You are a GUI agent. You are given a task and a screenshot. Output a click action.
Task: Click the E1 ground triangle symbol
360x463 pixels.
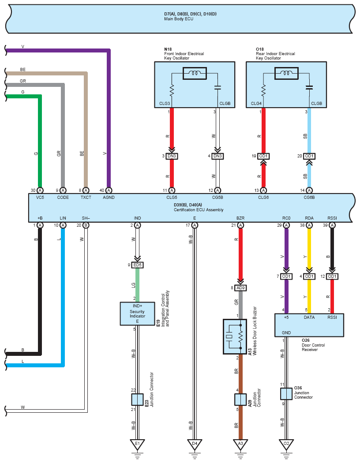point(137,444)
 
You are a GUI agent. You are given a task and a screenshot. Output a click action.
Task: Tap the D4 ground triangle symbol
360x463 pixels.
point(195,444)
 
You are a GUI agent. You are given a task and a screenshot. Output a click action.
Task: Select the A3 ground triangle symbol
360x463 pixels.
point(240,444)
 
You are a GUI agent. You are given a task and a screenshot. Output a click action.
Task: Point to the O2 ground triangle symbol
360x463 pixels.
point(286,444)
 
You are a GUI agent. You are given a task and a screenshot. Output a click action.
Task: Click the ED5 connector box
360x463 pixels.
point(137,265)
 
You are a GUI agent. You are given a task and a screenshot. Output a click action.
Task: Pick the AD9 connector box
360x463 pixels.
point(240,288)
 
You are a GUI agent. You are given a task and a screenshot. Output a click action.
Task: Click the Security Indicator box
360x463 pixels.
point(137,314)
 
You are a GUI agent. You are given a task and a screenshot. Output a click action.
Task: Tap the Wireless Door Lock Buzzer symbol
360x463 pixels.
point(235,336)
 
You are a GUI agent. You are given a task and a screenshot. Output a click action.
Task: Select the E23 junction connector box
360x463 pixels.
point(137,400)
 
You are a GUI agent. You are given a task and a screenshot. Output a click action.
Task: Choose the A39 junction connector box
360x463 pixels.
point(240,400)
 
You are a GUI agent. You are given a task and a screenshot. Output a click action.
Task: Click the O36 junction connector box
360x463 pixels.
point(286,394)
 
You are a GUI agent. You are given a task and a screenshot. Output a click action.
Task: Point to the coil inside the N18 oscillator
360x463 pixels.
point(195,73)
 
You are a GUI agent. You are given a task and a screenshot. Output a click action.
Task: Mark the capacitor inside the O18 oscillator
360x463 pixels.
point(309,87)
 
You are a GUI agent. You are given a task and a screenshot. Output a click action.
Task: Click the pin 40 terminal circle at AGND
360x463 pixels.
point(109,190)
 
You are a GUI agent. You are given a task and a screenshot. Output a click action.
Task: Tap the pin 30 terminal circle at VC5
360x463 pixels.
point(40,190)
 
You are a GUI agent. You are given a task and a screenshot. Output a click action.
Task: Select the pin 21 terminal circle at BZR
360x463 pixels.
point(240,225)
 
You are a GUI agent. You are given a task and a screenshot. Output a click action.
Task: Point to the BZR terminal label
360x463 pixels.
point(240,218)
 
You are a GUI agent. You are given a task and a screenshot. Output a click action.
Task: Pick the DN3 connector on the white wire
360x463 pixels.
point(217,156)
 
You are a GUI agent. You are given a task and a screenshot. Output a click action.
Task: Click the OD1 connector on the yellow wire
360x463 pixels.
point(309,276)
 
